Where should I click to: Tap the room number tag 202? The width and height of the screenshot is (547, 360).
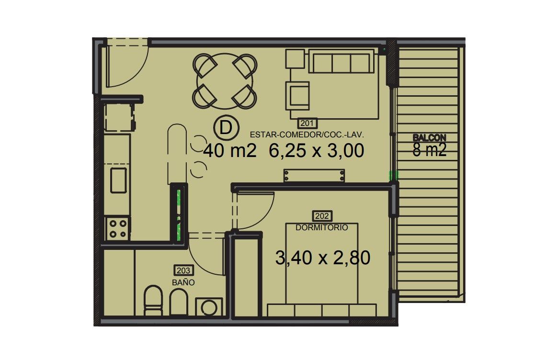pos(322,216)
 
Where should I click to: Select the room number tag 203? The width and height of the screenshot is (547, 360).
pos(183,270)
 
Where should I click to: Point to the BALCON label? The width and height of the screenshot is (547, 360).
pos(429,138)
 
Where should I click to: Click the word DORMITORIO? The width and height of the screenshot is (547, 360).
pos(322,227)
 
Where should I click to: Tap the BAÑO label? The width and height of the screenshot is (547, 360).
pos(183,282)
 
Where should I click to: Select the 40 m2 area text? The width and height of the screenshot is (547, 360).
pos(230,151)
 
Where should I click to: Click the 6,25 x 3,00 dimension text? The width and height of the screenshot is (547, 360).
pos(317,151)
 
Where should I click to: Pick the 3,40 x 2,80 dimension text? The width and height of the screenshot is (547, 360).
pos(323,258)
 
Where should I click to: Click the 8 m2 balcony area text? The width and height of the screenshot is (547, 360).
pos(430,150)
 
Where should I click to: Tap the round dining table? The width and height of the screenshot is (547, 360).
pos(225,81)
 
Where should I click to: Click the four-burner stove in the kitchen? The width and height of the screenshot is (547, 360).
pos(118,228)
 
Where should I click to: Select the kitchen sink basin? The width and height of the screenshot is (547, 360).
pos(118,180)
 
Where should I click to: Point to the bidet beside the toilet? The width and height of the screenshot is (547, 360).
pos(179,302)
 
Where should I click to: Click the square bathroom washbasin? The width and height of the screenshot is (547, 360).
pos(209,307)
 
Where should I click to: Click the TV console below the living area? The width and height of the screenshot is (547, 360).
pos(314,176)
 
